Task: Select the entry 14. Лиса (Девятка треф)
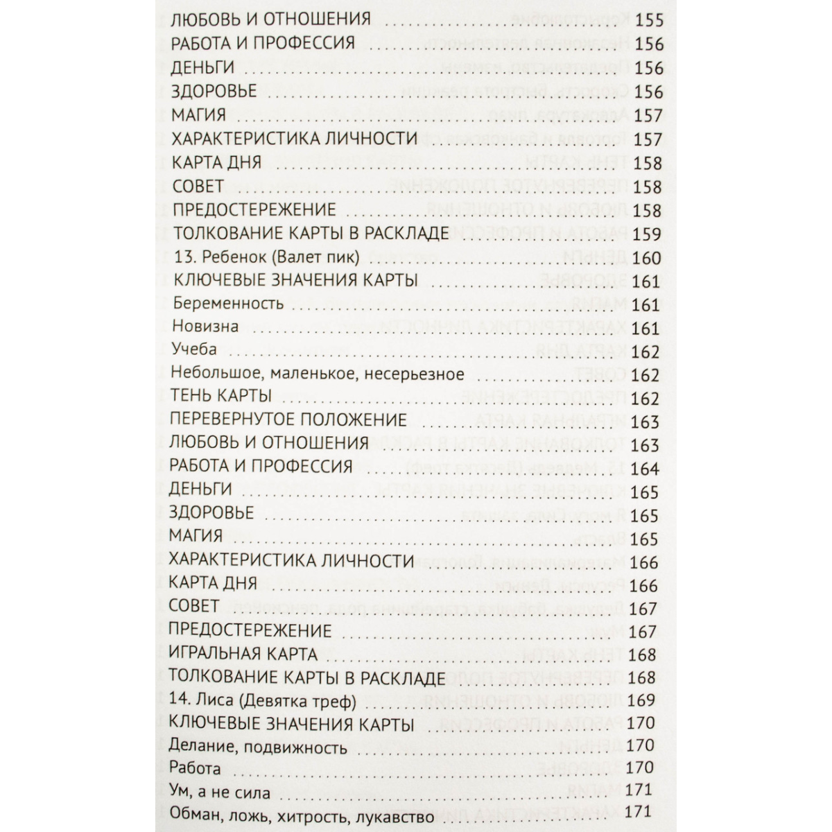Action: point(262,701)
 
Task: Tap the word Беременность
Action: point(228,304)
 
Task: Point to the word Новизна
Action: point(205,327)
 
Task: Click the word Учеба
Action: point(195,350)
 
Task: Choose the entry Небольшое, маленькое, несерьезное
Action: point(317,374)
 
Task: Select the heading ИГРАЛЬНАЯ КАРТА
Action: point(243,654)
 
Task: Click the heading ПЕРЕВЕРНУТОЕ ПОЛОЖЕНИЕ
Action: point(288,420)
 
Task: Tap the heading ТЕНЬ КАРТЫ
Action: point(220,397)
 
